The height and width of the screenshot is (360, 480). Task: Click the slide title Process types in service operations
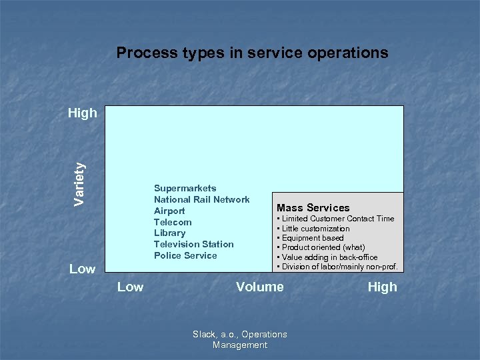click(x=252, y=53)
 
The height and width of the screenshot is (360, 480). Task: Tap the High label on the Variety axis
click(x=82, y=113)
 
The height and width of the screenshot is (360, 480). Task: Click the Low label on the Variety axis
click(x=82, y=269)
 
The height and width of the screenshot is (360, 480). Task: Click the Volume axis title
click(x=259, y=287)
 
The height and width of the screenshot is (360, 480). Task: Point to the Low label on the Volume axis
click(x=130, y=287)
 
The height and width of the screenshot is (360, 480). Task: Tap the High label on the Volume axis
click(x=382, y=287)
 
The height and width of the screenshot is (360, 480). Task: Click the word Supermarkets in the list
click(x=185, y=189)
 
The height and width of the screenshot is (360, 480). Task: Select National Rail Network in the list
click(x=201, y=199)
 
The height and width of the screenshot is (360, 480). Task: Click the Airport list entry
click(x=169, y=211)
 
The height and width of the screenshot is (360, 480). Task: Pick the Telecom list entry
click(x=173, y=222)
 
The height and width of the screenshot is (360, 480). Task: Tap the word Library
click(x=169, y=233)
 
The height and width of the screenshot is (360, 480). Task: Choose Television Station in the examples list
click(x=193, y=244)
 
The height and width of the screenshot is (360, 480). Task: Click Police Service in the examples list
click(x=185, y=255)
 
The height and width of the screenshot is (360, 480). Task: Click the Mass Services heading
click(x=313, y=208)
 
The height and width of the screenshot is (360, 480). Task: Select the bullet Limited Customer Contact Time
click(x=337, y=219)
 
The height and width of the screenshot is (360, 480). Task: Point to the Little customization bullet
click(x=315, y=229)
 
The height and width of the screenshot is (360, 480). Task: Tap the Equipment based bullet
click(x=312, y=238)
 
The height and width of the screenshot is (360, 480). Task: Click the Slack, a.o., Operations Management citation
click(x=239, y=339)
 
